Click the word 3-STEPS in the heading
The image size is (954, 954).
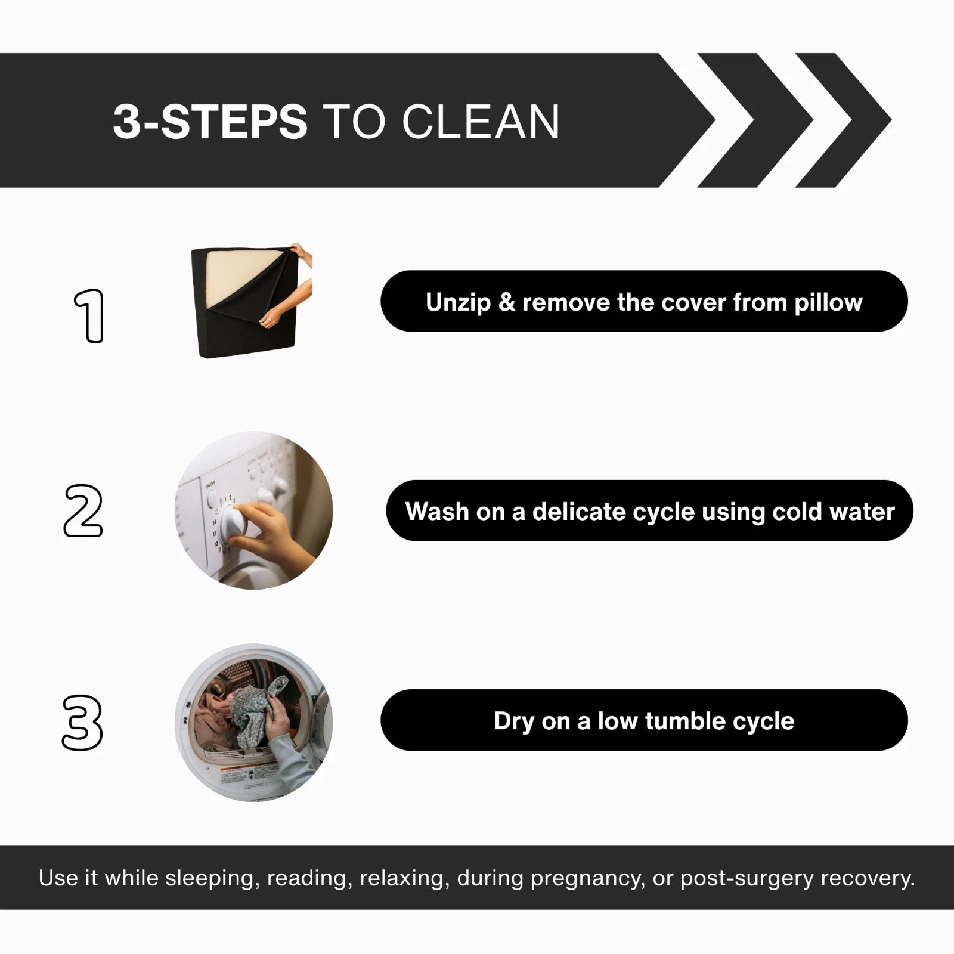(x=210, y=122)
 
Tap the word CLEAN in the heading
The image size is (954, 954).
(x=481, y=122)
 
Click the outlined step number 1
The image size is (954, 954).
(x=89, y=316)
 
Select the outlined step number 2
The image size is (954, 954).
(x=83, y=510)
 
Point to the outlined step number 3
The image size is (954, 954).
(x=83, y=723)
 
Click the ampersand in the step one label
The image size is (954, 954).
(x=507, y=302)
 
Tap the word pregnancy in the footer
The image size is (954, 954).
(x=588, y=878)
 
